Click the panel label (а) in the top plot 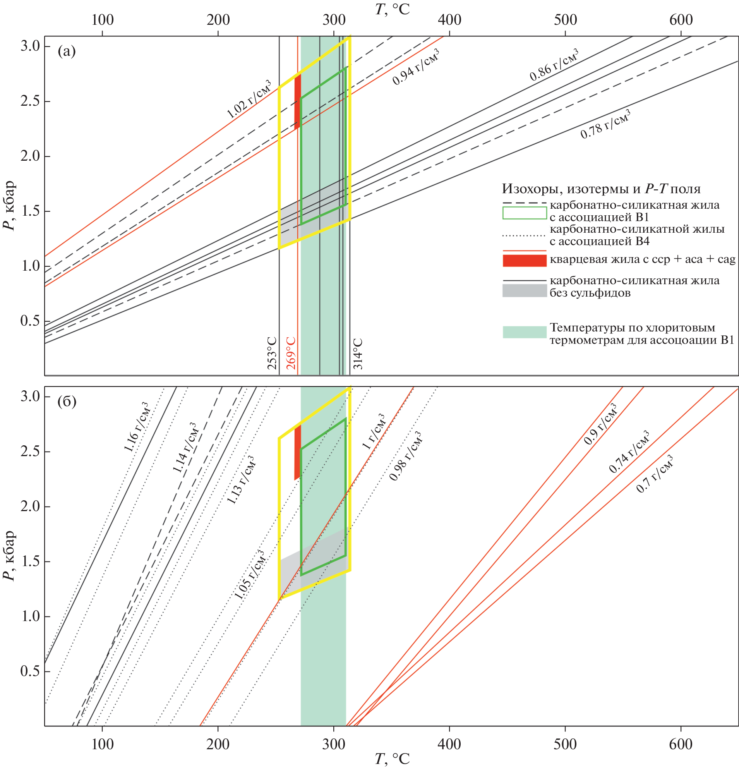click(66, 51)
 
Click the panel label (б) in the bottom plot click(67, 402)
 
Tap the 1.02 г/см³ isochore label click(249, 100)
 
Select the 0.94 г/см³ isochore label click(416, 67)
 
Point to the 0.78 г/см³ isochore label click(605, 124)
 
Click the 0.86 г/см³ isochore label click(554, 65)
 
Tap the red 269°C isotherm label click(291, 353)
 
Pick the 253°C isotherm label click(272, 353)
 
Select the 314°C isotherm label click(358, 354)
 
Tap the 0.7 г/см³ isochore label click(655, 474)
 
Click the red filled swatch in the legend click(525, 261)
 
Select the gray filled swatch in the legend click(525, 291)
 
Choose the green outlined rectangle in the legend click(525, 213)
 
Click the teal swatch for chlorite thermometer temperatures click(525, 332)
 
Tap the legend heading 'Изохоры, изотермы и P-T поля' click(601, 189)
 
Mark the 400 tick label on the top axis click(449, 20)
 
